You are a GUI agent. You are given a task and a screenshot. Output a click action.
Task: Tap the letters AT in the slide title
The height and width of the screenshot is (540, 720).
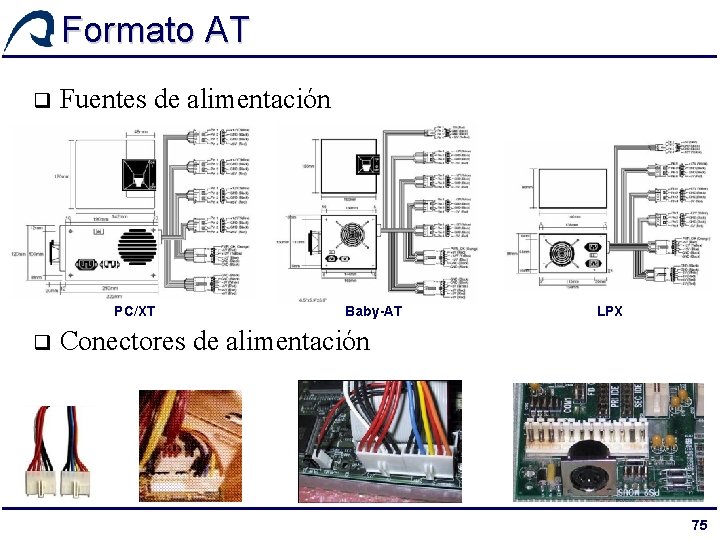(227, 30)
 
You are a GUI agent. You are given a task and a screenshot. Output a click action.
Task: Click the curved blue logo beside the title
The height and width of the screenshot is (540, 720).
(30, 30)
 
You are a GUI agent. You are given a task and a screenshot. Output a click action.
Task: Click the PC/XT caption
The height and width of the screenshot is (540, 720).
(135, 312)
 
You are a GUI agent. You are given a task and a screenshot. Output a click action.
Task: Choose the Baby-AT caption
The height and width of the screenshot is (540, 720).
(373, 312)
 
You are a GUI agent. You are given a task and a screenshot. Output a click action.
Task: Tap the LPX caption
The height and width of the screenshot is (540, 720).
(610, 312)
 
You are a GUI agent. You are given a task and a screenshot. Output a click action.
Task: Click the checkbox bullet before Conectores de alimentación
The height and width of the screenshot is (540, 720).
(41, 343)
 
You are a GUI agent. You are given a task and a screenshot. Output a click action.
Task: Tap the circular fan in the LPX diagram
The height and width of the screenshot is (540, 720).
(573, 252)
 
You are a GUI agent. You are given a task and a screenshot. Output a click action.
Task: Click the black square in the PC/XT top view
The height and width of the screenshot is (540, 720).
(138, 177)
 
